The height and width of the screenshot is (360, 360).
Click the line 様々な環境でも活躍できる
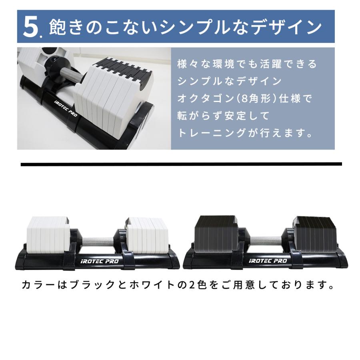(x=247, y=64)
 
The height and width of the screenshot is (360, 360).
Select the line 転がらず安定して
(x=218, y=116)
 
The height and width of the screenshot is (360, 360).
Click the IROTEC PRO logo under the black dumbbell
(x=268, y=261)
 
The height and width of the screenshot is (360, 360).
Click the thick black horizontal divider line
(x=181, y=164)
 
